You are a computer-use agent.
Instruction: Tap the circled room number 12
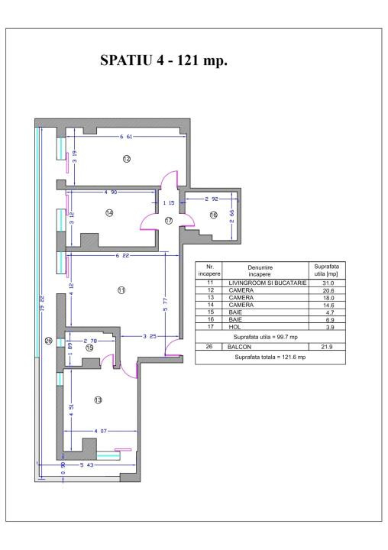(x=127, y=159)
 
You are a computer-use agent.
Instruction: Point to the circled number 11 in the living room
(x=121, y=290)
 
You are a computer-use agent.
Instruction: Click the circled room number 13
(x=98, y=400)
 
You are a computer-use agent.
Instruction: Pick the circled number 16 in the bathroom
(x=213, y=215)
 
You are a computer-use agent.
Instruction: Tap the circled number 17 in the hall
(x=169, y=220)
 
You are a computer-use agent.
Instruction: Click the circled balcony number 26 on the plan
(x=48, y=341)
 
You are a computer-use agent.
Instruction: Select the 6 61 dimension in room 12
(x=127, y=136)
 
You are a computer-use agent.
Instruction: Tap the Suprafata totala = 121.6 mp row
(x=264, y=357)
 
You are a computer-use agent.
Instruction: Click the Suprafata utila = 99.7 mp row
(x=264, y=335)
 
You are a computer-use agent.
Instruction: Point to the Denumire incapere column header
(x=264, y=271)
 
